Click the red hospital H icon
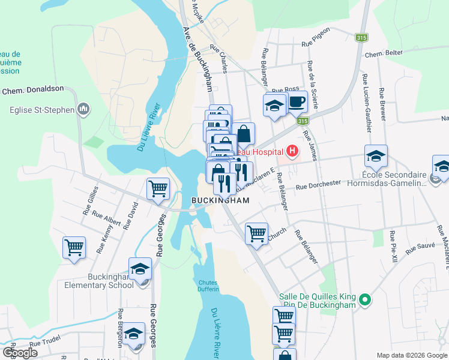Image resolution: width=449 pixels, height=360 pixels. (292, 151)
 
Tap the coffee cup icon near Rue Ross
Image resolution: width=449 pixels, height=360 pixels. (296, 102)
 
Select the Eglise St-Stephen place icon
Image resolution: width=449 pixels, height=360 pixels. (83, 109)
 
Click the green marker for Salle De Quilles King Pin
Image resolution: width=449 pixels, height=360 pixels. (364, 298)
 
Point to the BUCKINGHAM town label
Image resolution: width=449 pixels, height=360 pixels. (220, 200)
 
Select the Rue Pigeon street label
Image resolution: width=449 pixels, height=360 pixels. (316, 43)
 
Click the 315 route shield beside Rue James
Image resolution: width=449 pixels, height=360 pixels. (300, 122)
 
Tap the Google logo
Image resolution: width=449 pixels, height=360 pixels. (20, 353)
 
